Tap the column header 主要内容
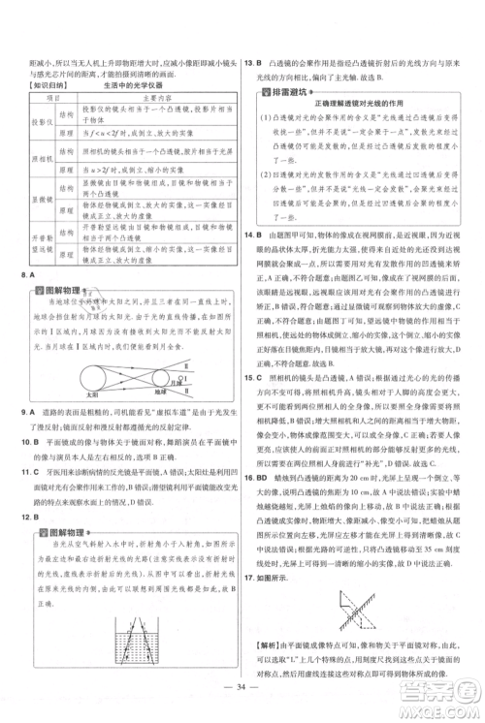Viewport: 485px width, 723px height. pyautogui.click(x=145, y=98)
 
